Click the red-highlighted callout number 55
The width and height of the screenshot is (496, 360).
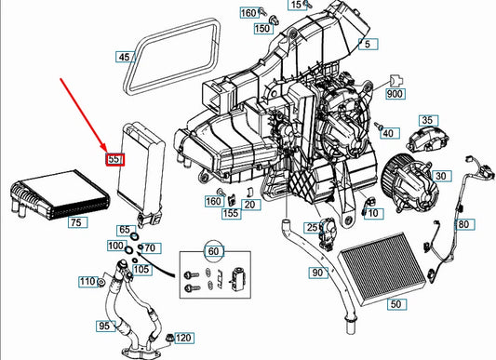coord(115,160)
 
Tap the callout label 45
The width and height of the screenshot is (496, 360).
coord(125,58)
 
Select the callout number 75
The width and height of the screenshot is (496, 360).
coord(75,222)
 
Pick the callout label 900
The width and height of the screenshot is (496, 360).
coord(394,95)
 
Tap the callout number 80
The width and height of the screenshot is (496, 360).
coord(462,225)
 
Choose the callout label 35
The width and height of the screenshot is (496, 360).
coord(427,120)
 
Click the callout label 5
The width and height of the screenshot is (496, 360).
coord(369,44)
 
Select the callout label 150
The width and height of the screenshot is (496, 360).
coord(262,29)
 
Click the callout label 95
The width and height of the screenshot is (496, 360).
coord(104,327)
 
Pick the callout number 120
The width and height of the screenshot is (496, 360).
coord(183,338)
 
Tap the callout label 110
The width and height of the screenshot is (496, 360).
coord(87,282)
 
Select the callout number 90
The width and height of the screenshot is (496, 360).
coord(317,273)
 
